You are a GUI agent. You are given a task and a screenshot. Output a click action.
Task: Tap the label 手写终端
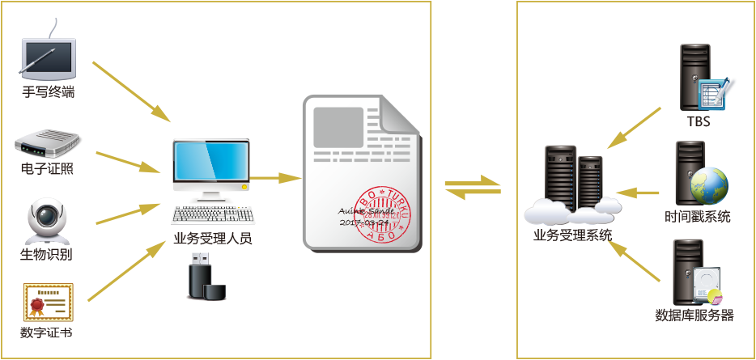48,92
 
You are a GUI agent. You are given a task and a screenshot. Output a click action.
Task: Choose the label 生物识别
46,255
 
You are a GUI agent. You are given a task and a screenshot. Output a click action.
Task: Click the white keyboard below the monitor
214,214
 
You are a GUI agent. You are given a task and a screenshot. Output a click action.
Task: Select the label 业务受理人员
213,239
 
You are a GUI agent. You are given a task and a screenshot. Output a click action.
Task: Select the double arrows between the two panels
473,185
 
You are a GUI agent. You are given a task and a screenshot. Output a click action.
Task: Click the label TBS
698,121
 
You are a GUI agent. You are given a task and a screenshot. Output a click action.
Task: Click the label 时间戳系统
697,217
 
